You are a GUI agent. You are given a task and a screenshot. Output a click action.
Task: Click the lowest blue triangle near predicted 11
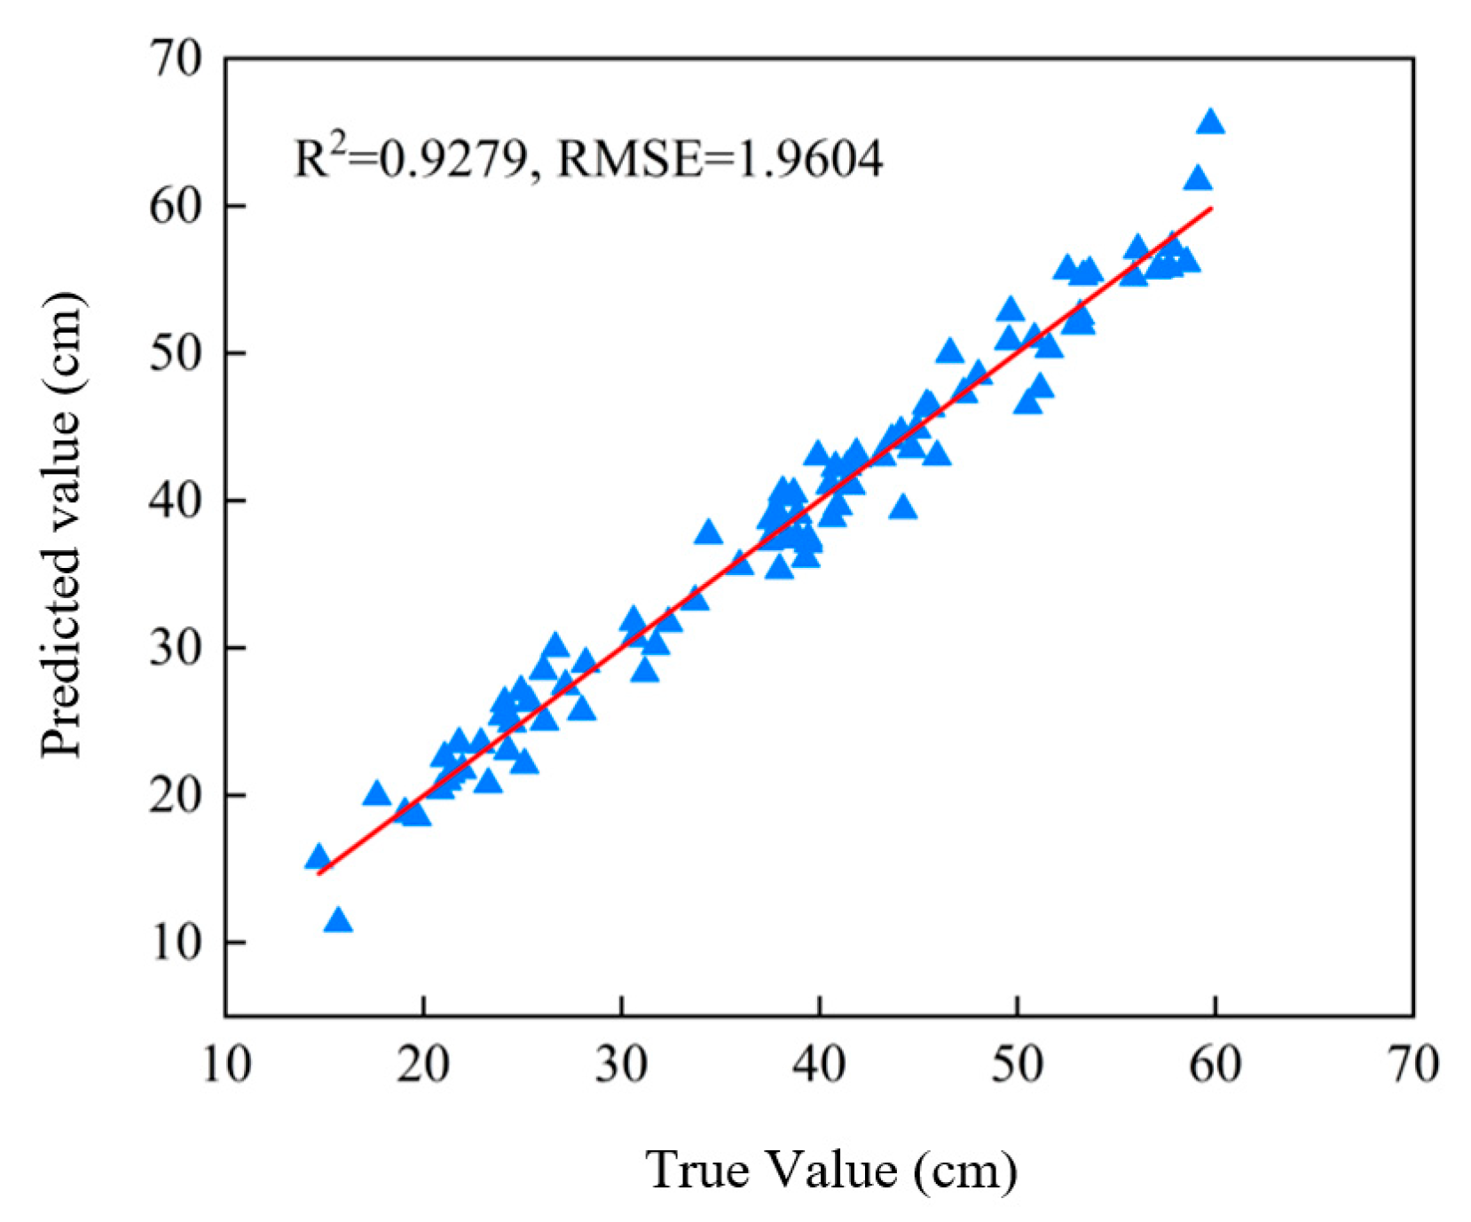(338, 921)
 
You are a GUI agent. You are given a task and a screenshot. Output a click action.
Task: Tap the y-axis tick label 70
(177, 59)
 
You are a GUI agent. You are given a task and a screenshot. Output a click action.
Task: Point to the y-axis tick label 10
(177, 942)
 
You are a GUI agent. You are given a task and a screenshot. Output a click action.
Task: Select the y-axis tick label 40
(177, 501)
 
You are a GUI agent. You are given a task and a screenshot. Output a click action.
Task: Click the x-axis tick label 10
(227, 1063)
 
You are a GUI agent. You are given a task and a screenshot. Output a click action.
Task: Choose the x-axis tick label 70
(1413, 1063)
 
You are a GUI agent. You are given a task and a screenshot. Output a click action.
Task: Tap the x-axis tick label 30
(622, 1063)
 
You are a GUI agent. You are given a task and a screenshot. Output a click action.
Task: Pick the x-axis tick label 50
(1018, 1063)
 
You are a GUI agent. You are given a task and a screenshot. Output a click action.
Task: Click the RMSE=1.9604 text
(720, 160)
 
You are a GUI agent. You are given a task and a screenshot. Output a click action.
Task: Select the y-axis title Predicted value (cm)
(62, 525)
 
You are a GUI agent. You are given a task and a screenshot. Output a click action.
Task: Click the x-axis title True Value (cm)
(831, 1170)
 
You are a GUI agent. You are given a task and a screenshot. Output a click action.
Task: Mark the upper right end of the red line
(1211, 208)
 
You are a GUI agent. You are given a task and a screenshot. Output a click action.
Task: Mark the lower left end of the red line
(319, 874)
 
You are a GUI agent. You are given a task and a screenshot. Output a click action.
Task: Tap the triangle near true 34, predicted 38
(708, 533)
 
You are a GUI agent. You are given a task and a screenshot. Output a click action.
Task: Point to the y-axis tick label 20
(177, 796)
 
